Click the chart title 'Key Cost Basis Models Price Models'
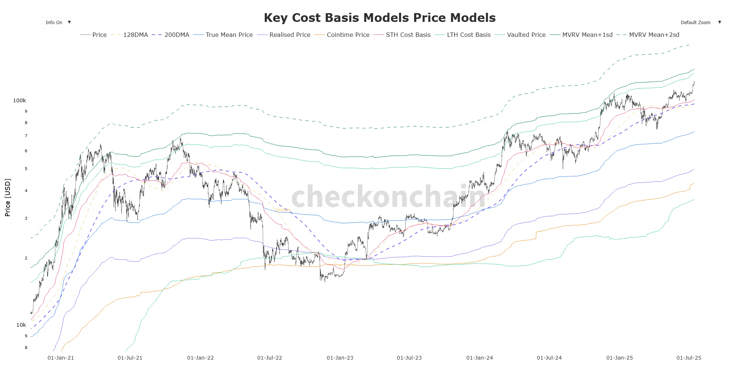[379, 18]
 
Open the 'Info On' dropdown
[58, 23]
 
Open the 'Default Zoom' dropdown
[700, 23]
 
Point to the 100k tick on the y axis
[20, 100]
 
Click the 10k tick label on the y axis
[21, 325]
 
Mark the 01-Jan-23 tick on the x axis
[340, 358]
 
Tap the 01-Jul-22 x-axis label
[270, 358]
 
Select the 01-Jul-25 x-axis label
[689, 358]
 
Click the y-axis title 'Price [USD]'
[8, 197]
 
